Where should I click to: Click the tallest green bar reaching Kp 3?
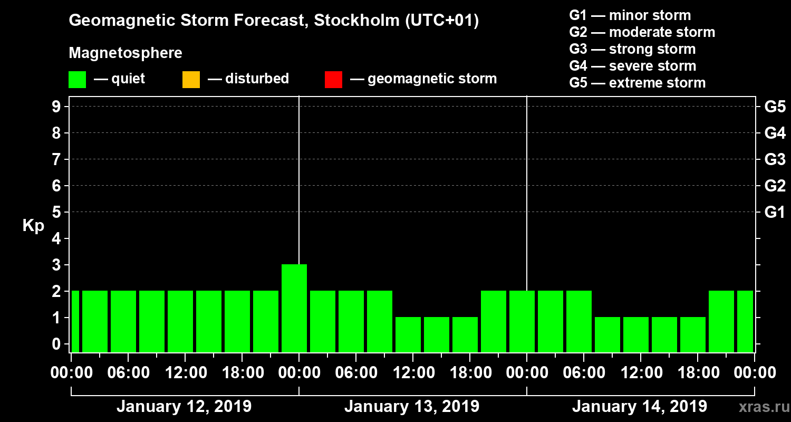pos(294,308)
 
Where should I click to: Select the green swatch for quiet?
pos(77,80)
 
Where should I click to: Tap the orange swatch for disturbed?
pos(191,80)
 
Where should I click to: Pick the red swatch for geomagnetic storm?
pos(333,80)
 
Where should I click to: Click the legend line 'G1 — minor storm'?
pos(630,15)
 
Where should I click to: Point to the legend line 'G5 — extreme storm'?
pos(637,83)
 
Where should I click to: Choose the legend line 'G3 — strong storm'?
pos(632,49)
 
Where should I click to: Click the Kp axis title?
pos(33,226)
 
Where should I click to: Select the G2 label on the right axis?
pos(775,186)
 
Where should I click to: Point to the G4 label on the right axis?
pos(775,133)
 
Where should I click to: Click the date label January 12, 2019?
pos(184,407)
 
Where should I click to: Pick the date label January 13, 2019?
pos(411,407)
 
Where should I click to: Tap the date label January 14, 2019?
pos(639,407)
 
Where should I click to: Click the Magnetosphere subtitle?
pos(126,53)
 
